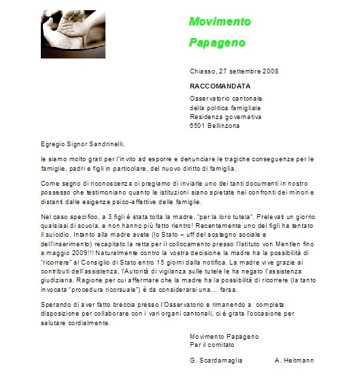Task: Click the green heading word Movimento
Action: [219, 21]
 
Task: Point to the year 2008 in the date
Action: [270, 71]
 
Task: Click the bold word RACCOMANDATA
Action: [222, 86]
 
